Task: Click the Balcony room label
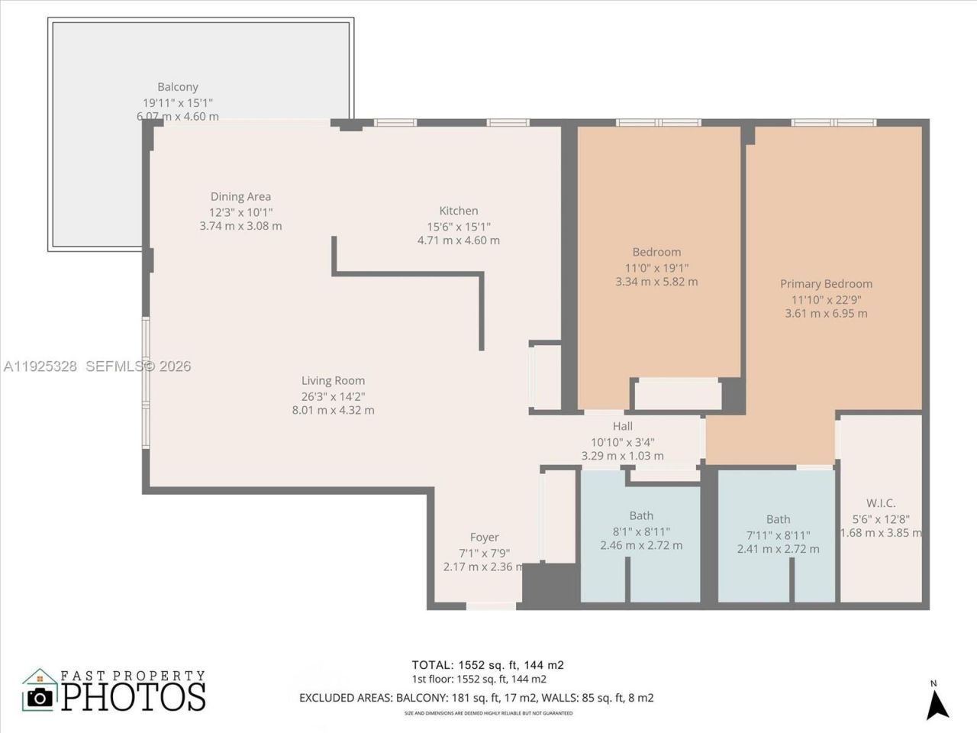click(178, 87)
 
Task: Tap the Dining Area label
click(240, 196)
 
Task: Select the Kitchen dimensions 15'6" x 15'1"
click(458, 226)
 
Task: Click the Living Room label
click(333, 380)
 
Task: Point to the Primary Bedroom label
click(826, 283)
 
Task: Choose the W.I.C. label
click(881, 502)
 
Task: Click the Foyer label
click(484, 538)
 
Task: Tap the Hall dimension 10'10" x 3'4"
click(622, 441)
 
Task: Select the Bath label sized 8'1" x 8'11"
click(641, 515)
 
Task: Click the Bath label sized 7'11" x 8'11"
click(778, 519)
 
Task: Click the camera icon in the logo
click(40, 696)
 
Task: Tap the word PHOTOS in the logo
click(134, 696)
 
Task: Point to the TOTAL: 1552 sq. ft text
click(487, 665)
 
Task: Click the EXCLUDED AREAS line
click(476, 698)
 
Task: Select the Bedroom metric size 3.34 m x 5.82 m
click(656, 282)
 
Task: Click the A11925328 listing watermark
click(40, 366)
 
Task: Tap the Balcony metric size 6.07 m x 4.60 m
click(178, 116)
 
